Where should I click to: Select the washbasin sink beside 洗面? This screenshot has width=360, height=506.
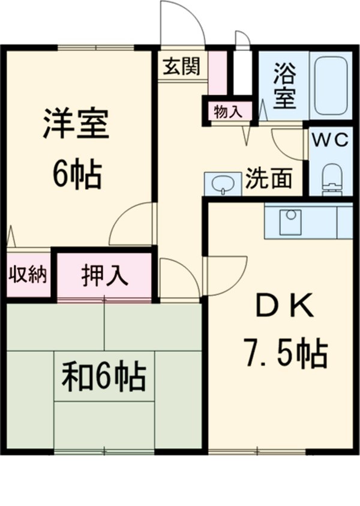click(222, 184)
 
